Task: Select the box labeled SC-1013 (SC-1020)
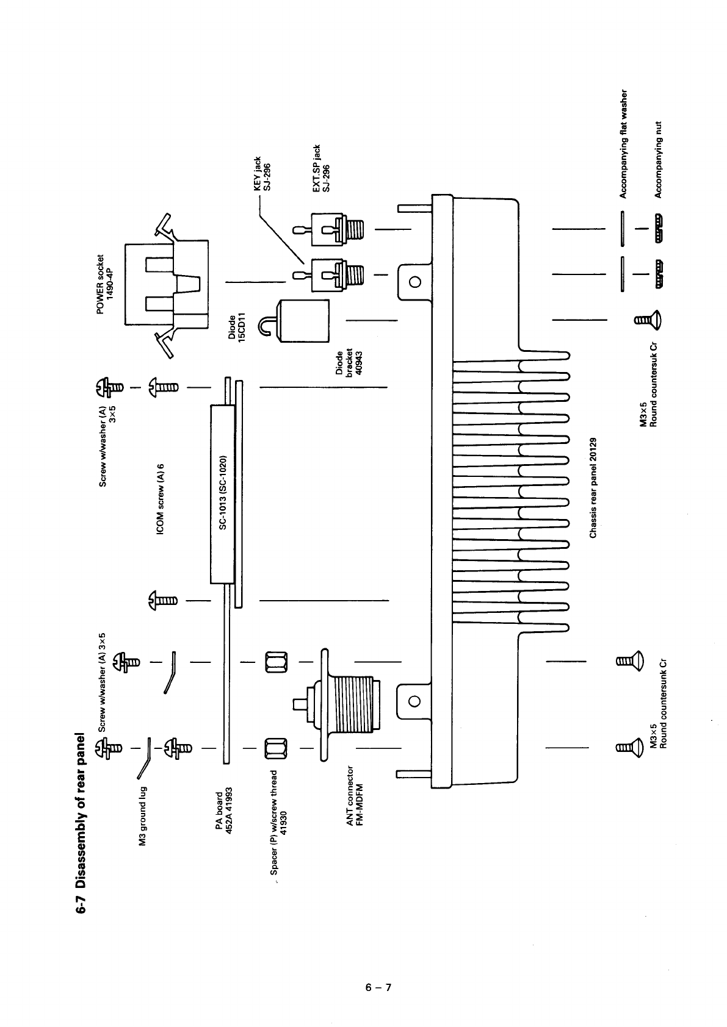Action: [223, 492]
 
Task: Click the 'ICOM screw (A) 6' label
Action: [161, 499]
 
